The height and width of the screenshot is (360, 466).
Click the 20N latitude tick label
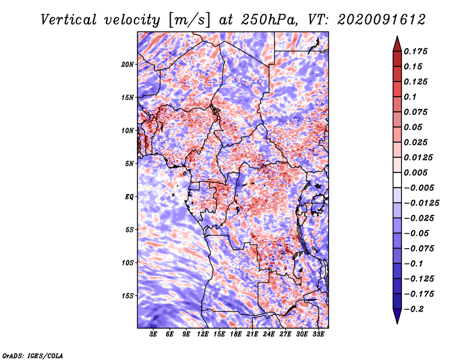coord(128,65)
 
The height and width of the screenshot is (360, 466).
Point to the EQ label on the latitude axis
coord(129,197)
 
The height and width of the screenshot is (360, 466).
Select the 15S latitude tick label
coord(128,296)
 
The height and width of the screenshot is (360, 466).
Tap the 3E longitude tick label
coord(153,334)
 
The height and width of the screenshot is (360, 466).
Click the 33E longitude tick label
coord(318,334)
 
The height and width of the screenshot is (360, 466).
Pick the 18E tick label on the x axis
coord(236,334)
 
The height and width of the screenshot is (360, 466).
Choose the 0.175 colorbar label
coord(415,51)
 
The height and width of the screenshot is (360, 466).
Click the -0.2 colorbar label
coord(414,309)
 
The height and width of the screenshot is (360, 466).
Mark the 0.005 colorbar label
coord(415,172)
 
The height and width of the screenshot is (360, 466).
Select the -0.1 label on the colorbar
coord(414,264)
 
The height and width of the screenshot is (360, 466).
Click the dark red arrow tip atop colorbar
coord(397,37)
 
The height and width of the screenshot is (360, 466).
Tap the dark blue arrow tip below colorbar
coord(397,323)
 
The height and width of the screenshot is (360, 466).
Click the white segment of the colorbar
coord(397,180)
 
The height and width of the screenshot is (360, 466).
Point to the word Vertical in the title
coord(69,20)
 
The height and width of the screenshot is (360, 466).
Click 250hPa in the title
coord(269,20)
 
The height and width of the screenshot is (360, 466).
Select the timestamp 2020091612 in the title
coord(382,20)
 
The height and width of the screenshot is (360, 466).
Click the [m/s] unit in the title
coord(189,20)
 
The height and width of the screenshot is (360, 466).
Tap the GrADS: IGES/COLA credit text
coord(33,355)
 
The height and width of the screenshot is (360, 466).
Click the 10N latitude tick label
coord(128,131)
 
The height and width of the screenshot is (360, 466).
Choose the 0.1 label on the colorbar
coord(410,97)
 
